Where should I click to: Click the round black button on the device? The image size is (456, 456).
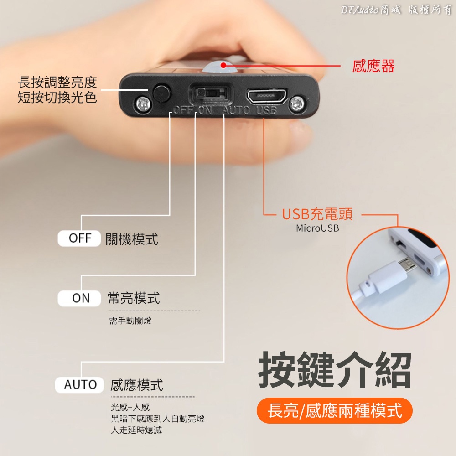click(x=162, y=93)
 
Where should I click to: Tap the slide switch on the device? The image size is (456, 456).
click(x=211, y=93)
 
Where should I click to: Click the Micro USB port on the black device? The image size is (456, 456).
click(x=266, y=96)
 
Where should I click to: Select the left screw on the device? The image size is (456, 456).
click(x=143, y=103)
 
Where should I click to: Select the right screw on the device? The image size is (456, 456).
click(x=297, y=102)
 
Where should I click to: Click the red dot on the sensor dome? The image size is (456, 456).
click(x=223, y=65)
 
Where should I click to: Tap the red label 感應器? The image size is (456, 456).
click(x=373, y=66)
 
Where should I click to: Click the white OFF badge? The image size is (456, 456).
click(x=79, y=238)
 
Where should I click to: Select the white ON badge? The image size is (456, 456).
click(x=79, y=298)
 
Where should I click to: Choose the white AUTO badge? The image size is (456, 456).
click(x=79, y=385)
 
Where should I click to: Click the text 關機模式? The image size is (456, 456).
click(x=132, y=239)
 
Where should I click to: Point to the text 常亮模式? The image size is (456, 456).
click(x=134, y=298)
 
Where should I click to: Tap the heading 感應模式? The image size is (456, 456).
click(x=137, y=385)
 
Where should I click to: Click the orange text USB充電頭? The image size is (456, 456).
click(x=317, y=214)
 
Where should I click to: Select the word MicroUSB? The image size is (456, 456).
click(x=317, y=228)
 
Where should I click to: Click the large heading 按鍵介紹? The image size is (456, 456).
click(x=335, y=370)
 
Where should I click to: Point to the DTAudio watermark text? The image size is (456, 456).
click(x=396, y=10)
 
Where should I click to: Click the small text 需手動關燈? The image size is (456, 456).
click(x=130, y=321)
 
